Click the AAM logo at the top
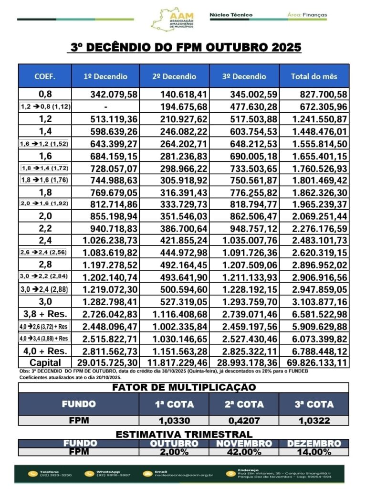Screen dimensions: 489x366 pos(173,20)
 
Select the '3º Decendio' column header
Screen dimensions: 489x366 pos(244,76)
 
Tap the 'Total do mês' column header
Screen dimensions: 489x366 pos(314,76)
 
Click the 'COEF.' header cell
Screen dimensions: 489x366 pos(45,76)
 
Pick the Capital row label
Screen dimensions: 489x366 pos(45,363)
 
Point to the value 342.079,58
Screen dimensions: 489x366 pos(110,94)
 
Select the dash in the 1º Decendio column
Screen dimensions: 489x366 pos(105,106)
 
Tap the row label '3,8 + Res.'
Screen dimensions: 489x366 pos(45,314)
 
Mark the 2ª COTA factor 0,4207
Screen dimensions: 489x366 pos(244,421)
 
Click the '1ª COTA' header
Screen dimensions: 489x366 pos(174,404)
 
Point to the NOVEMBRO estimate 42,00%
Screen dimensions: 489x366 pos(244,452)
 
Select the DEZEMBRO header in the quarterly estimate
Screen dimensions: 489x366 pos(314,444)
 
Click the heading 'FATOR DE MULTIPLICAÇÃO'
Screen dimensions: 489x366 pos(184,387)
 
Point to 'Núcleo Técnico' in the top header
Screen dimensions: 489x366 pos(231,15)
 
